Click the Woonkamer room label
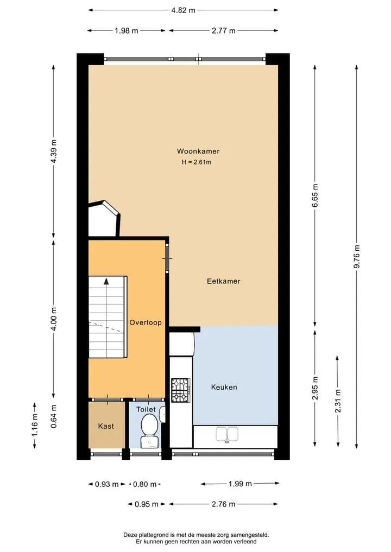[x=198, y=151]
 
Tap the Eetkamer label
[x=223, y=281]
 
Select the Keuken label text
[x=224, y=387]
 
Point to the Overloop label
[x=146, y=323]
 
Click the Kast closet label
[x=106, y=426]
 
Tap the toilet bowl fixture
[x=149, y=431]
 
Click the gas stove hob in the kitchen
[x=181, y=390]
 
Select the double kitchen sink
[x=226, y=434]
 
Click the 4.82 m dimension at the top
[x=183, y=10]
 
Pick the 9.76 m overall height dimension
[x=357, y=256]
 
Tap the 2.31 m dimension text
[x=338, y=401]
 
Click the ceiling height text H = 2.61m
[x=197, y=162]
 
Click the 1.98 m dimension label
[x=127, y=30]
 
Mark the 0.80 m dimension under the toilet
[x=144, y=484]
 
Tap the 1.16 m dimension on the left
[x=35, y=426]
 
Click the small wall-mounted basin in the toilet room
[x=162, y=414]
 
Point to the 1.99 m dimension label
[x=240, y=484]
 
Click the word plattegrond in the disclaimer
[x=152, y=535]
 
